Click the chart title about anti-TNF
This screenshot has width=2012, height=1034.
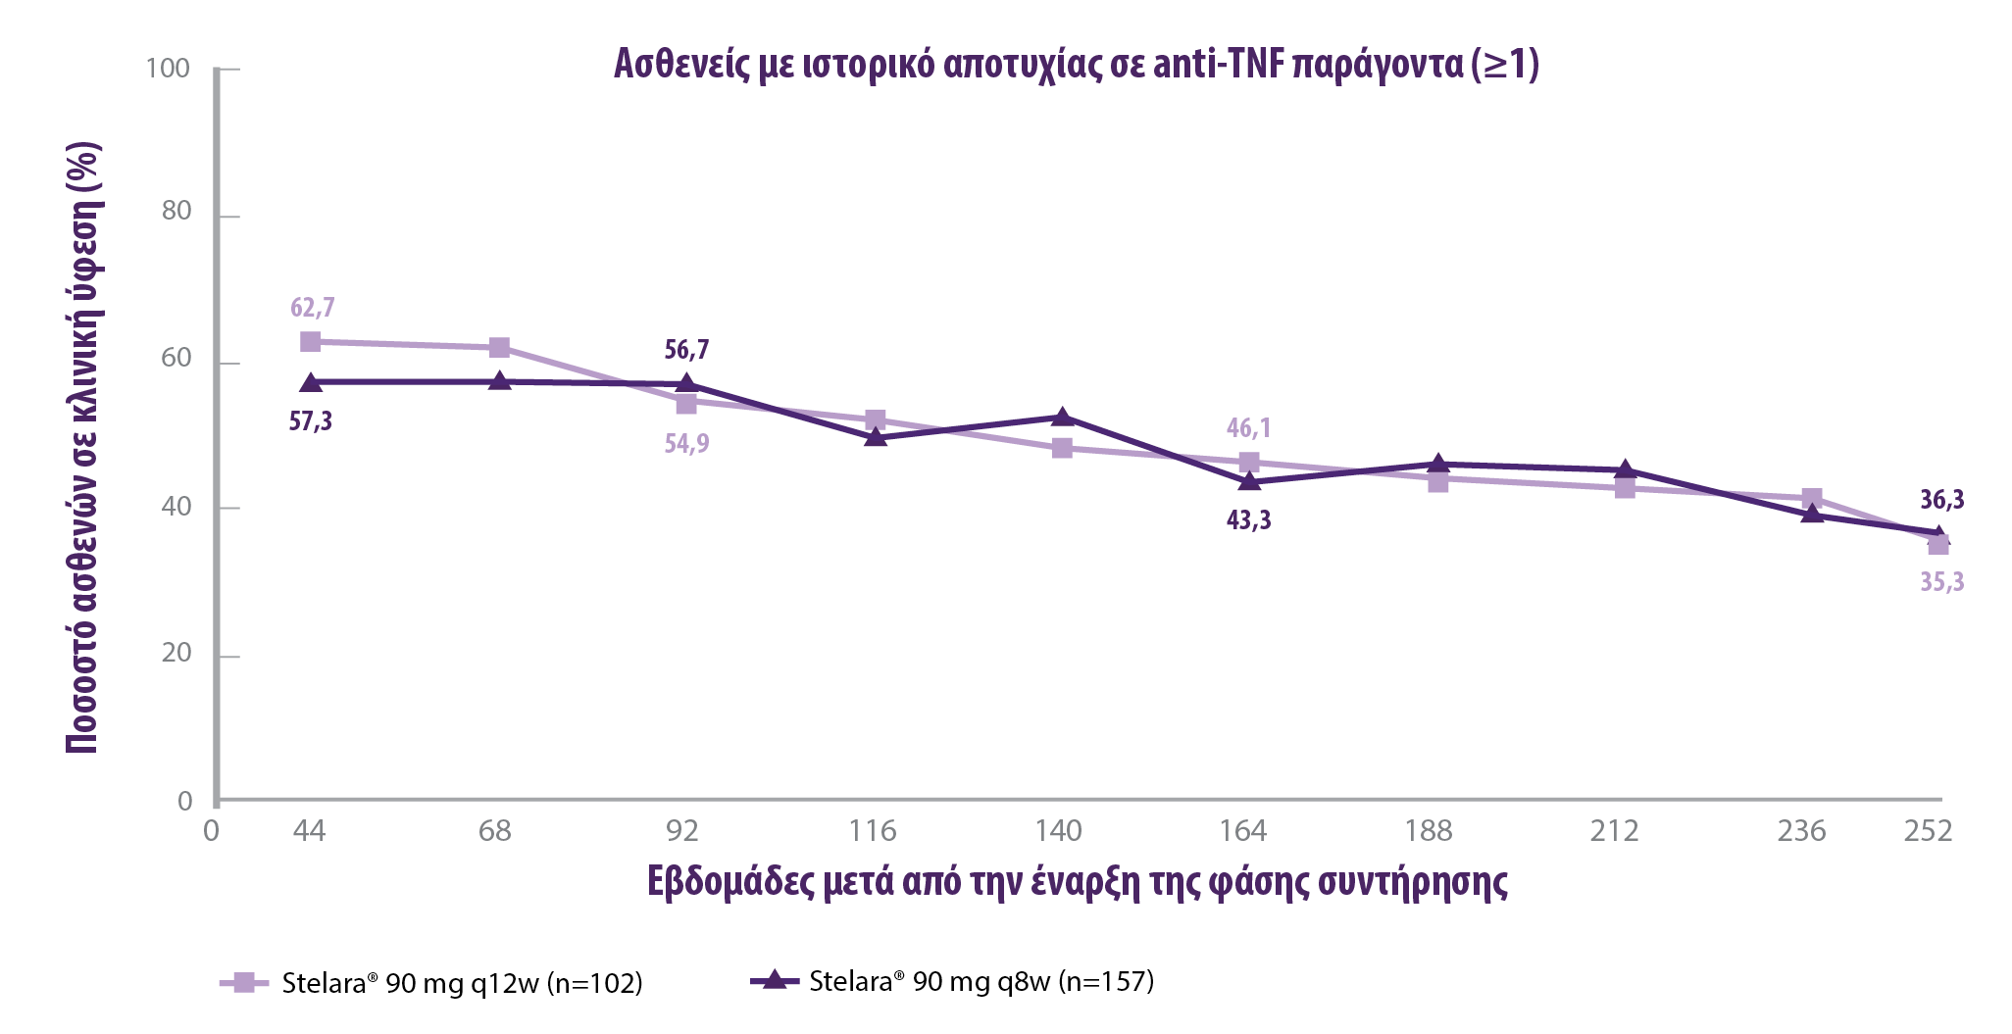[x=1076, y=65]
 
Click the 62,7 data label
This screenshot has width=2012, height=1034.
[x=312, y=308]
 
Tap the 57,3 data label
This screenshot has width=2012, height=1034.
[x=310, y=421]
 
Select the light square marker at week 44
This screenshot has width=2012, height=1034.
[x=311, y=342]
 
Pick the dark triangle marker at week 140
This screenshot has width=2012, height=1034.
[x=1062, y=418]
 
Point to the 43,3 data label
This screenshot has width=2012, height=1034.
[x=1248, y=520]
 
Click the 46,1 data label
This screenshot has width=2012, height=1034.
[x=1248, y=428]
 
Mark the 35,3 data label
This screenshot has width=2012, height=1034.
[x=1941, y=582]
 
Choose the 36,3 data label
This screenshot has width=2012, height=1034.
[x=1941, y=500]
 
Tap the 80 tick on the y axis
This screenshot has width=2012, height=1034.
[x=176, y=212]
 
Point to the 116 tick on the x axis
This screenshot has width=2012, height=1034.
[x=872, y=831]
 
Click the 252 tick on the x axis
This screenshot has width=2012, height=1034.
[x=1928, y=831]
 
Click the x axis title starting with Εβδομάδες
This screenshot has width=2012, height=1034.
[x=1077, y=881]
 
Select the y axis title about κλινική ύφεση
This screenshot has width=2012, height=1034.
[x=83, y=449]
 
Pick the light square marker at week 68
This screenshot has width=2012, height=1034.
[x=499, y=348]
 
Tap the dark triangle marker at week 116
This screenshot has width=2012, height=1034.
[x=876, y=437]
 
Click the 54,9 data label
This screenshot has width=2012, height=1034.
[x=686, y=444]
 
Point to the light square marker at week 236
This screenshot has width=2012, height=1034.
[x=1812, y=499]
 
